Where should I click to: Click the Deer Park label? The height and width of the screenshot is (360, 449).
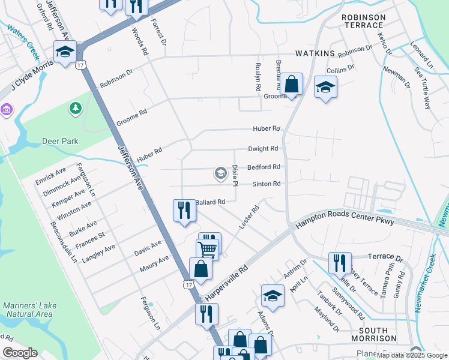point(60,142)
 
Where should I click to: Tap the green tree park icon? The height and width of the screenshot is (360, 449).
point(75,108)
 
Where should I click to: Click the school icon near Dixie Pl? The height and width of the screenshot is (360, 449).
point(220,174)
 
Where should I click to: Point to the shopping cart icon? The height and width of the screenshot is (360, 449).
point(207,248)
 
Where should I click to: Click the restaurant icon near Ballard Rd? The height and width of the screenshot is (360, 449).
point(184,210)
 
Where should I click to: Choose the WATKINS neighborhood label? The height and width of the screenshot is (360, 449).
point(314,54)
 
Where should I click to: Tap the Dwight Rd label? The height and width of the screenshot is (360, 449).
point(263,149)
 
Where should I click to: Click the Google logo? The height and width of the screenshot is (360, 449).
point(20,353)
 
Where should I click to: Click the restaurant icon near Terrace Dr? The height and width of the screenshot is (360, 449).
point(340,263)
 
